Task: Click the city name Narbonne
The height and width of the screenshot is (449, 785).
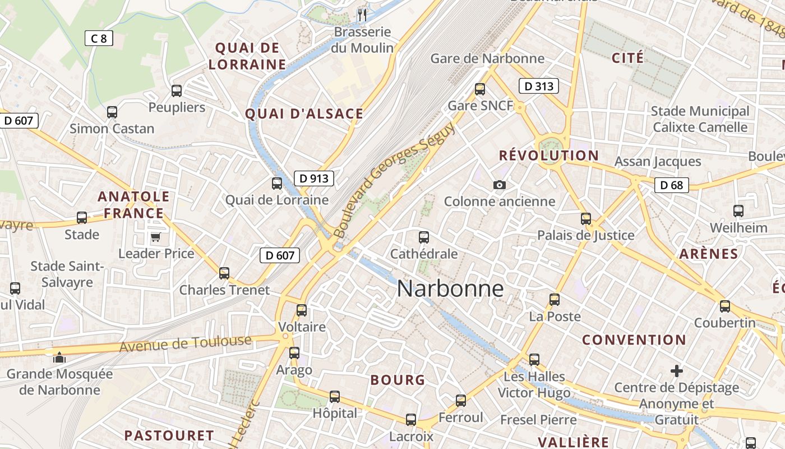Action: (450, 288)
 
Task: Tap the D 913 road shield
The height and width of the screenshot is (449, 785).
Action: (314, 178)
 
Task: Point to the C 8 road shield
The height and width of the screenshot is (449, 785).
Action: (99, 38)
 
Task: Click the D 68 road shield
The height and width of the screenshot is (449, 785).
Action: (671, 185)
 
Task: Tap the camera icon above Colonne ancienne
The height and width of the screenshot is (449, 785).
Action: (499, 185)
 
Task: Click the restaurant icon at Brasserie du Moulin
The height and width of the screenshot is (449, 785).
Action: (362, 15)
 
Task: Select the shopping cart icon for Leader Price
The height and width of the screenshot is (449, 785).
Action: (156, 237)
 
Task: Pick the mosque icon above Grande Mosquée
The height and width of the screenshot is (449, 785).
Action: (59, 357)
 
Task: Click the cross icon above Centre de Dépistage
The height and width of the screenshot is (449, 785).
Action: (677, 371)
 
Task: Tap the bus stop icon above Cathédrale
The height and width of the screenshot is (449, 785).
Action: (424, 237)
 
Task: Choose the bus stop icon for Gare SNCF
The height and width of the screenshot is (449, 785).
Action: (480, 89)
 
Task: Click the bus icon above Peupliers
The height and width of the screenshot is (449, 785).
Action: (177, 90)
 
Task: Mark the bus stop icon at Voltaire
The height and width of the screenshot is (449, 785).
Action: (302, 310)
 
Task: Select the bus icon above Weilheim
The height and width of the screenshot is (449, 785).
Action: (738, 211)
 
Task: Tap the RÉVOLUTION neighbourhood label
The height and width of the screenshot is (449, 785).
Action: (549, 155)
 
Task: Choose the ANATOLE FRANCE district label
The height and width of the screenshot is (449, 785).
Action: (133, 205)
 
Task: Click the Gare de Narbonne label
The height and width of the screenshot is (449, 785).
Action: (487, 58)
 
